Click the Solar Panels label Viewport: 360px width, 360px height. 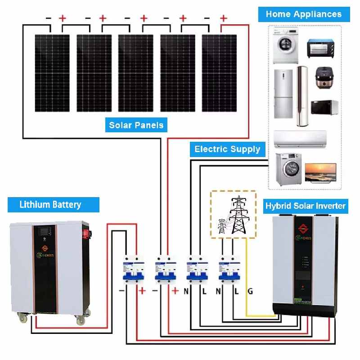136,125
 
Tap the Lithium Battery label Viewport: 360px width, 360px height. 50,205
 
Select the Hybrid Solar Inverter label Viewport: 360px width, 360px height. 305,206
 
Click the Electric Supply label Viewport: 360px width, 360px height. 227,149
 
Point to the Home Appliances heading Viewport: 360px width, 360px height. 303,13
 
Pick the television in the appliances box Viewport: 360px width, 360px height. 320,173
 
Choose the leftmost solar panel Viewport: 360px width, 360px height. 52,73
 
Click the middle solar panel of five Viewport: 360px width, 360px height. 135,73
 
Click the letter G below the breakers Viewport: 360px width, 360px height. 250,292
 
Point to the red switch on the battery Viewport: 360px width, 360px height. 83,234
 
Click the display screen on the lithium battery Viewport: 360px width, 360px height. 45,234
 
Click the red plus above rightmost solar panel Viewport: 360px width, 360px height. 223,18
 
